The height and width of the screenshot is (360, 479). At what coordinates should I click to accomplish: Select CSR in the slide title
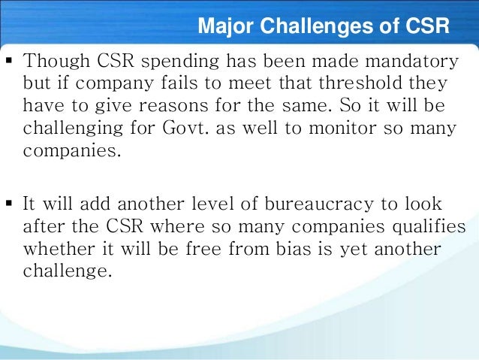pyautogui.click(x=423, y=28)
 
